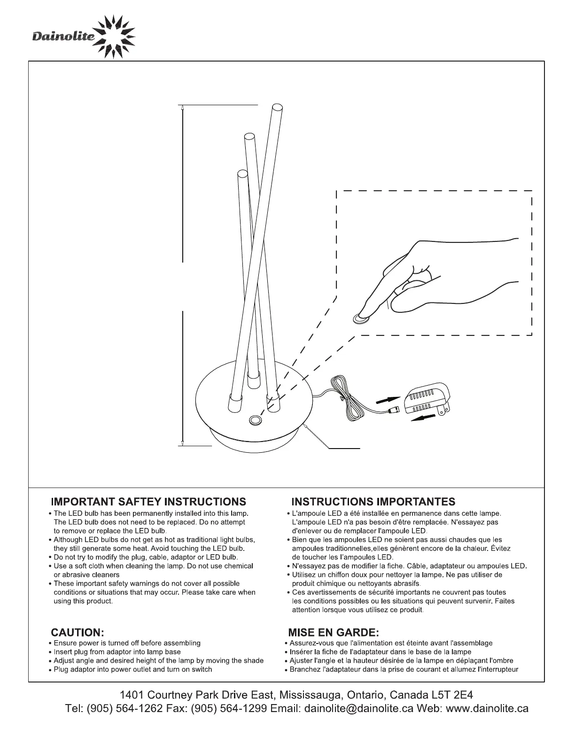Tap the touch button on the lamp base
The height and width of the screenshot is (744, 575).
pos(256,420)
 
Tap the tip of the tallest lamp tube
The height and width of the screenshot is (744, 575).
pos(277,108)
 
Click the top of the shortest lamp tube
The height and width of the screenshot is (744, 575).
pos(242,174)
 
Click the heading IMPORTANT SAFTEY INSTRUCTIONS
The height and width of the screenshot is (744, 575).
pos(148,502)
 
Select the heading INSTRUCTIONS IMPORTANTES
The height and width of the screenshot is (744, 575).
pos(373,502)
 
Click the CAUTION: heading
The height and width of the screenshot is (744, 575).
pos(77,632)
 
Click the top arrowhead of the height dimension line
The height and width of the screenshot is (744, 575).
pos(182,108)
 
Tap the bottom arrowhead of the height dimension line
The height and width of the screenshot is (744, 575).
pos(182,442)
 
